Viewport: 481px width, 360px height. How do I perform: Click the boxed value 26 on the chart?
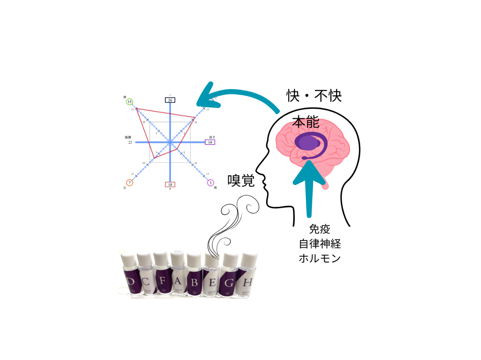click(170, 100)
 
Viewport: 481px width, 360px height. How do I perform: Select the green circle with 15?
click(129, 102)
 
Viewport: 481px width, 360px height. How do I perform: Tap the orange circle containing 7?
click(129, 183)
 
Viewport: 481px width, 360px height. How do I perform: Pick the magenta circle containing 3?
click(210, 183)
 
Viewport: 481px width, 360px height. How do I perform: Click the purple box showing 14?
click(210, 142)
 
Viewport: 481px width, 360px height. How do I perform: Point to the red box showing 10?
click(170, 185)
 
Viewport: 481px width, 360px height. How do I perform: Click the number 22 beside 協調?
click(130, 143)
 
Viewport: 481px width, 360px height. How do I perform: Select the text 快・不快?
click(314, 96)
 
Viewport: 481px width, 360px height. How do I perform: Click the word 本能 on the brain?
click(306, 122)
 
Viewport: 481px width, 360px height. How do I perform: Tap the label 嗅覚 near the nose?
click(241, 181)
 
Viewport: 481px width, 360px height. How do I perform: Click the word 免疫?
click(319, 229)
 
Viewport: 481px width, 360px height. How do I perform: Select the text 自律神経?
click(320, 244)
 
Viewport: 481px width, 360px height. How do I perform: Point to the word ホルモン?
click(319, 258)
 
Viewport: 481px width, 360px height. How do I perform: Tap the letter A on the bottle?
click(178, 281)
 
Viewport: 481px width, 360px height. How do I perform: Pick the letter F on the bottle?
click(162, 281)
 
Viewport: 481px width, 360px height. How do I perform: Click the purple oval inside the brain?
click(307, 143)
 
